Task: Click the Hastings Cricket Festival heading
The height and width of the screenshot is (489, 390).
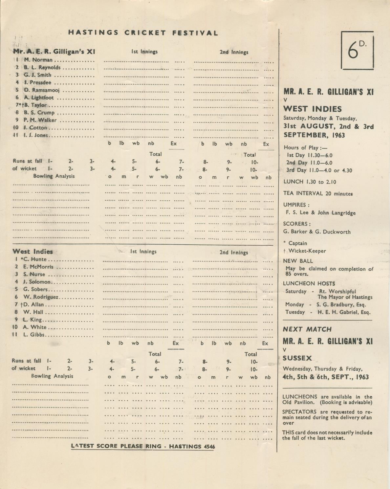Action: pyautogui.click(x=143, y=33)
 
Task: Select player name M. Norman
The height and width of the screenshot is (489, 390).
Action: pyautogui.click(x=38, y=60)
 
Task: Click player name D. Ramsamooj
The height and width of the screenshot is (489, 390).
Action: pyautogui.click(x=41, y=90)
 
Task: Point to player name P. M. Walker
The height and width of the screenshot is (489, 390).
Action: pyautogui.click(x=40, y=120)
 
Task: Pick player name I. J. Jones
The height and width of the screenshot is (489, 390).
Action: pyautogui.click(x=36, y=135)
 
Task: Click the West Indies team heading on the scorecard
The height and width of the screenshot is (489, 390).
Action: pyautogui.click(x=32, y=252)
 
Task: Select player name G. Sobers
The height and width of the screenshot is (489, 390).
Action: pyautogui.click(x=35, y=289)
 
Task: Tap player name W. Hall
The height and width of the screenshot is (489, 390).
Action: pyautogui.click(x=33, y=312)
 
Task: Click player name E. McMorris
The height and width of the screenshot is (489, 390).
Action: pyautogui.click(x=38, y=267)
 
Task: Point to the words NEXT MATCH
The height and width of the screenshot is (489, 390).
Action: pyautogui.click(x=307, y=329)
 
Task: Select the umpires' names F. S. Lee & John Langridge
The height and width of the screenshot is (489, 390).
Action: pyautogui.click(x=320, y=213)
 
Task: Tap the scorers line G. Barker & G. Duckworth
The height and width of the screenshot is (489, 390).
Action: pyautogui.click(x=317, y=232)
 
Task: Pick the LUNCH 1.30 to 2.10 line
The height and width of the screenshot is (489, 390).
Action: pyautogui.click(x=310, y=182)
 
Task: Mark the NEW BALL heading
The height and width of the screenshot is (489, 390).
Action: pyautogui.click(x=298, y=261)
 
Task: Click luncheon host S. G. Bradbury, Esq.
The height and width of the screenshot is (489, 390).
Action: pyautogui.click(x=341, y=304)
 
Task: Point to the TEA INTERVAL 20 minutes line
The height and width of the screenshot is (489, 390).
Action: pyautogui.click(x=318, y=193)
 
